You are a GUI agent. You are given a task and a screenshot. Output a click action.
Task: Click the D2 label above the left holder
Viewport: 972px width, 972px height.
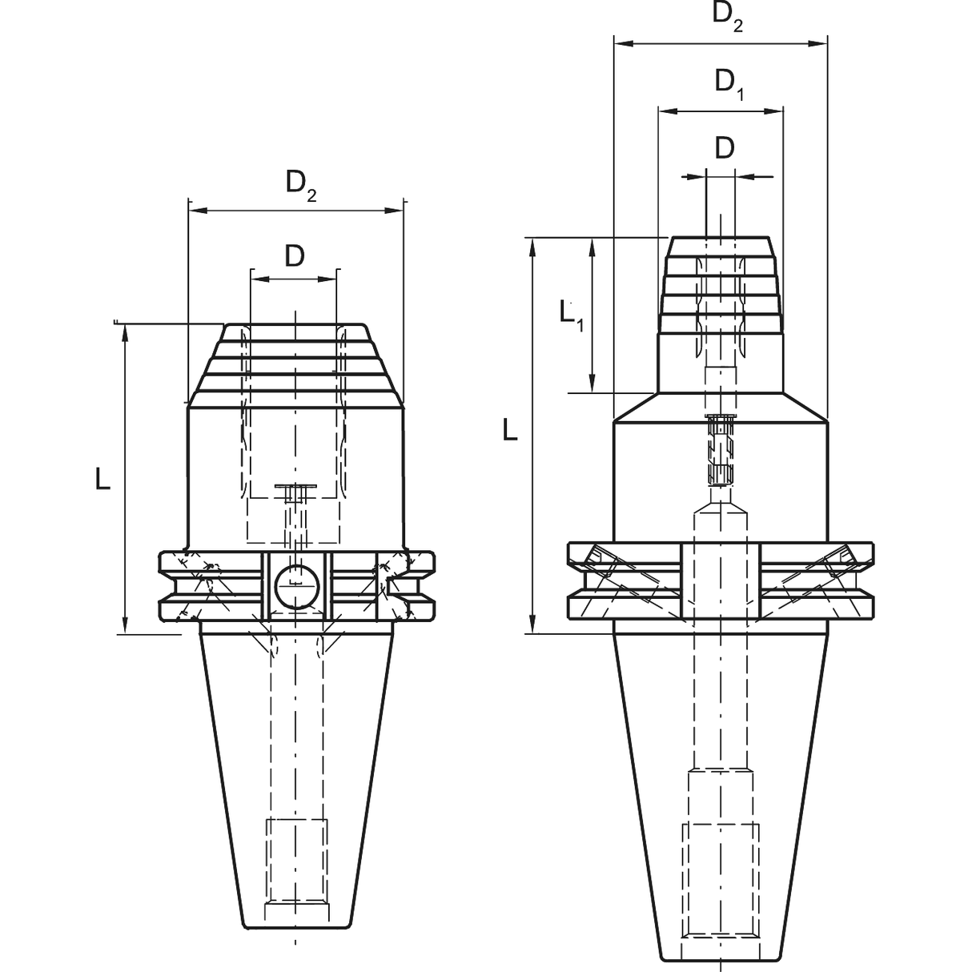[x=301, y=184]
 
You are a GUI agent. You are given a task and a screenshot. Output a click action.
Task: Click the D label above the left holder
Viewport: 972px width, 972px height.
[x=294, y=256]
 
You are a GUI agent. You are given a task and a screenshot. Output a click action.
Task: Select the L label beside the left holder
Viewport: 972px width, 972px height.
[x=102, y=478]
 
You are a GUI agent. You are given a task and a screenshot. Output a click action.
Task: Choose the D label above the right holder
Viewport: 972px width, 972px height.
[x=724, y=148]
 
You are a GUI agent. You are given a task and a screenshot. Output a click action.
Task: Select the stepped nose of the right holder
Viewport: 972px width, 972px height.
[x=721, y=288]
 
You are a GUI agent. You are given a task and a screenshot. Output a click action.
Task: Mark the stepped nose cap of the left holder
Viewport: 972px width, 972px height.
[x=295, y=360]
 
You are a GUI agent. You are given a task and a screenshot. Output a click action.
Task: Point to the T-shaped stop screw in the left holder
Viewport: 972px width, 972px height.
[x=295, y=492]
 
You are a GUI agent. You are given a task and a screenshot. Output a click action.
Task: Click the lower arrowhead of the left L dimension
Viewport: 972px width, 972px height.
[x=125, y=626]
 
